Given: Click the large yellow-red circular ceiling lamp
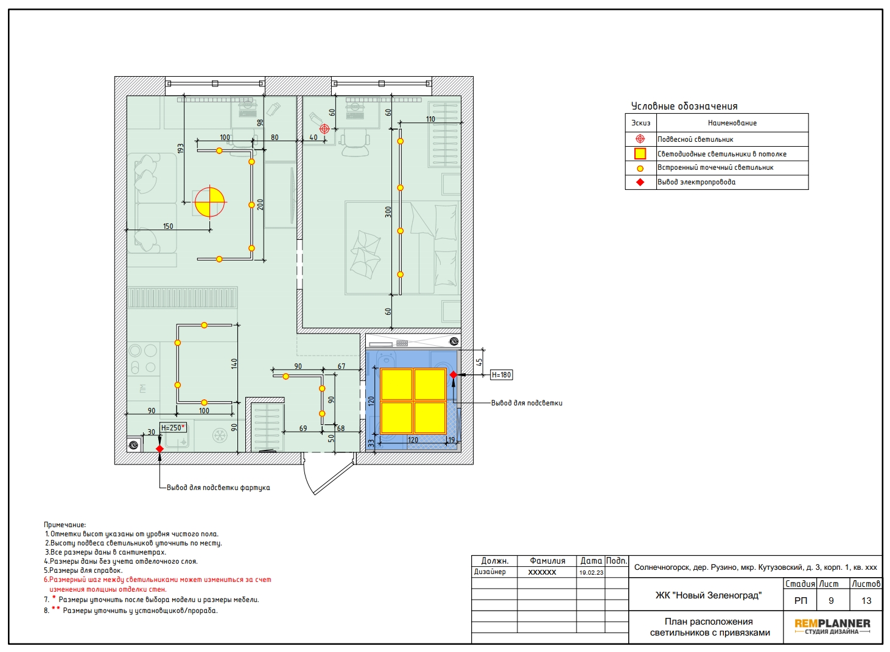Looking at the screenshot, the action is pos(209,202).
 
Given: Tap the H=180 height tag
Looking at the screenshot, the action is pos(501,375).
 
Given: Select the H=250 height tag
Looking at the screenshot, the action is pos(173,428).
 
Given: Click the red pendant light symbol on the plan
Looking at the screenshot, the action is pos(324,128).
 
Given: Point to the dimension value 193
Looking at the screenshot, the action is pos(181,149).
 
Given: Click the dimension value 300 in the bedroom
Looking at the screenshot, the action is pos(388,212).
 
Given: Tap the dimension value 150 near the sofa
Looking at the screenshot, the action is pos(168,226).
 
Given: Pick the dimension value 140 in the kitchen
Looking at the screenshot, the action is pos(234,363).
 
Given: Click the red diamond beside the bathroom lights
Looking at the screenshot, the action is pos(454,374).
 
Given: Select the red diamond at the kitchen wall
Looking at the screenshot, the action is pos(159,449).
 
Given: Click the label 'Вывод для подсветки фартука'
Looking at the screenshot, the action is pos(218,488).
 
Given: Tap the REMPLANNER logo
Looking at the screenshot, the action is pos(832,626).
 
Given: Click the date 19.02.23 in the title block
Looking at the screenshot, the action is pos(591,572).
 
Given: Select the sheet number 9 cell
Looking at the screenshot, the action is pos(831,601).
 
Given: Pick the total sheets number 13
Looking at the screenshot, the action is pos(866,601).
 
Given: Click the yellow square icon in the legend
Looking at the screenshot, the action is pos(640,153).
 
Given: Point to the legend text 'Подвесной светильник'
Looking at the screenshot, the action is pos(695,139).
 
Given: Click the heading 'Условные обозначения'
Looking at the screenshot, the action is pos(684,106).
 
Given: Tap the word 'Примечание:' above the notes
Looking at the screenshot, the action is pos(65,525).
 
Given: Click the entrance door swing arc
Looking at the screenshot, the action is pos(306,481).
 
